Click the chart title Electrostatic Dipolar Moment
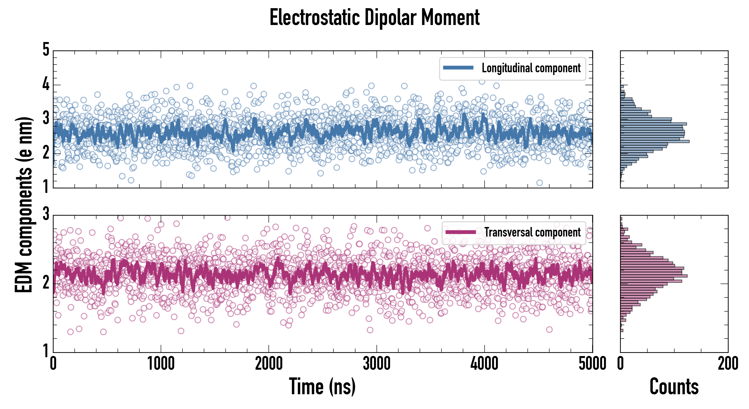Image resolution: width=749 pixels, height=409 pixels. (x=374, y=17)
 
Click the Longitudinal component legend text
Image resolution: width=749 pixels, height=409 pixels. (x=531, y=68)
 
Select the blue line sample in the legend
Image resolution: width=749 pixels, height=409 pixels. (x=458, y=68)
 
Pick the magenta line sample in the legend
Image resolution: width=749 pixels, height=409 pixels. (x=461, y=232)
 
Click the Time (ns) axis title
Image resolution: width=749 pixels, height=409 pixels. (x=322, y=386)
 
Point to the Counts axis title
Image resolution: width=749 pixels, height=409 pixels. (x=674, y=386)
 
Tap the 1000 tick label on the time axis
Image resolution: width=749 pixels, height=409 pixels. (x=161, y=364)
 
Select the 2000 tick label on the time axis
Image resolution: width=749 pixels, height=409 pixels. (x=269, y=364)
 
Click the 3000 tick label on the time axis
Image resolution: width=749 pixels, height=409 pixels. (x=377, y=364)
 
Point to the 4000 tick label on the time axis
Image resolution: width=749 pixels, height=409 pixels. (x=484, y=364)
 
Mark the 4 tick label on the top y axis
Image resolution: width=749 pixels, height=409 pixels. (x=46, y=85)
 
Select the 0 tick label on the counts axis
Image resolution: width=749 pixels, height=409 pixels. (x=621, y=364)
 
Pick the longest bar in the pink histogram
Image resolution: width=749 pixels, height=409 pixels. (x=654, y=276)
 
